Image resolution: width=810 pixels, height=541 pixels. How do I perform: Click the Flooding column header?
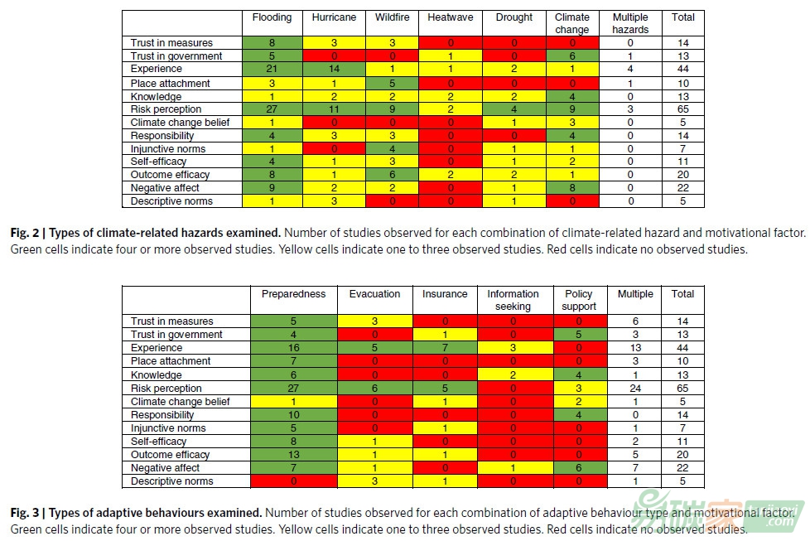point(272,17)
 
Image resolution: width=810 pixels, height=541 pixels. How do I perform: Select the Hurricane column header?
point(334,17)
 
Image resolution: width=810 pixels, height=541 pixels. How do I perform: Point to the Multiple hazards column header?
point(630,23)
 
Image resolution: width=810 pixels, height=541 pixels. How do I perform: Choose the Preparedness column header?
point(293,294)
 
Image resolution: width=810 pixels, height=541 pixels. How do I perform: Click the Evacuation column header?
point(374,294)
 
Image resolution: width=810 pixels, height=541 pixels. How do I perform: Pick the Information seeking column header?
point(513,300)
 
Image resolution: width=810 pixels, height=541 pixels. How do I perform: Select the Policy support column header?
point(579,300)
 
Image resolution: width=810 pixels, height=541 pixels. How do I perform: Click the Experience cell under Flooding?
point(272,70)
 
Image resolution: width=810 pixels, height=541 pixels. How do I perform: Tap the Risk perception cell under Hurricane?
point(334,109)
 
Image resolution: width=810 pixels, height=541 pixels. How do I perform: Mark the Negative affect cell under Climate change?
point(572,188)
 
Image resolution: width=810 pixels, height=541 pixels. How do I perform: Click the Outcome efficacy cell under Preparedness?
point(293,455)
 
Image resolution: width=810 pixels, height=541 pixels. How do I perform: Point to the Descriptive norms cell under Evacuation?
point(374,481)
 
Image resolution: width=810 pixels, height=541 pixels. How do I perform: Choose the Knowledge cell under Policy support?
point(579,375)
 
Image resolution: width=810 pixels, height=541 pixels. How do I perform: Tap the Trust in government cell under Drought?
point(514,56)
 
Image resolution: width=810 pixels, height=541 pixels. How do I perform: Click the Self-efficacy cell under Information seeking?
point(513,442)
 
